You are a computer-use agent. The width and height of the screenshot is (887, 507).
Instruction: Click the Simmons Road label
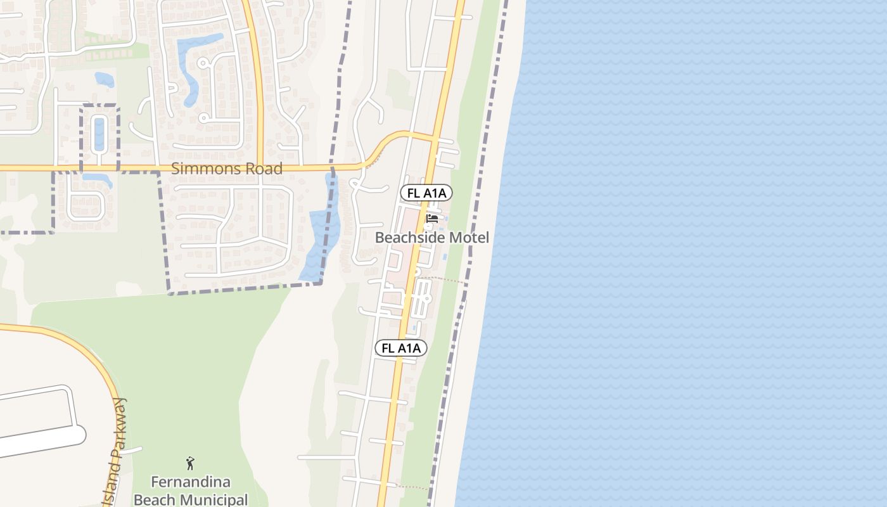227,169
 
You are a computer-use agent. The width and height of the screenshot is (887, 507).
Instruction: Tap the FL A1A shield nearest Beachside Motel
426,193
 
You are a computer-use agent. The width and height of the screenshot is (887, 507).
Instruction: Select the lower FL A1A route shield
400,348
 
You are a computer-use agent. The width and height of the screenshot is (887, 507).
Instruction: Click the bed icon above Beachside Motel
432,220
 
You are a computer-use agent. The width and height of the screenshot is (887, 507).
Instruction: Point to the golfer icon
189,463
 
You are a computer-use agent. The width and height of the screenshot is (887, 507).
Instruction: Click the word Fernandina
191,482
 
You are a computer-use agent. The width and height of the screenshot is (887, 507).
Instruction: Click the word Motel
469,238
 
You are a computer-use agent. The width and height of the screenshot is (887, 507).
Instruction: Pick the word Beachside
411,238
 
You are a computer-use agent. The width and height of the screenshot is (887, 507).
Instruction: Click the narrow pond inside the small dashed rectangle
99,133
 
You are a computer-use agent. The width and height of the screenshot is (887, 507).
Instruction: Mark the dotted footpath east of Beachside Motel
443,279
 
